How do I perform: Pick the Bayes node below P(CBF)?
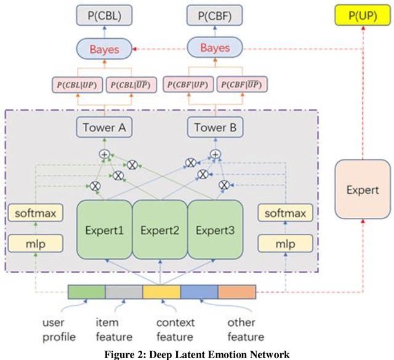215,48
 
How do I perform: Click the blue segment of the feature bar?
199,291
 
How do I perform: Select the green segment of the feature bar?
86,291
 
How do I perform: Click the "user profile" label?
59,329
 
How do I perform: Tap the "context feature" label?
175,329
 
